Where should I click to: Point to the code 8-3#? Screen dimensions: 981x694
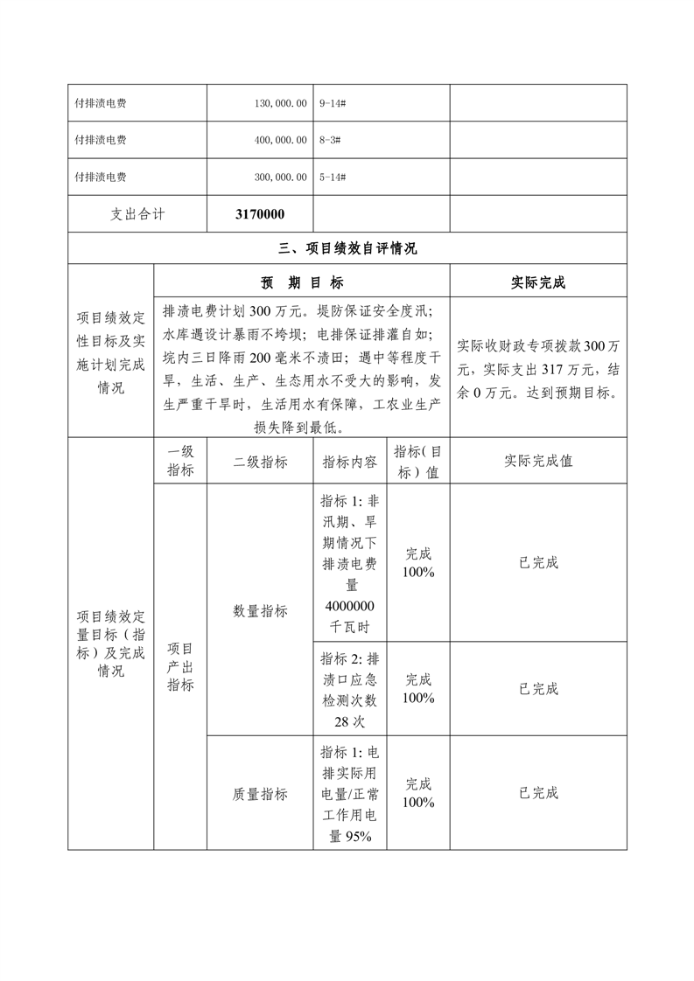331,140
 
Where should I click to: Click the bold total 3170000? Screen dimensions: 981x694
260,214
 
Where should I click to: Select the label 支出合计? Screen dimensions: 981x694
137,214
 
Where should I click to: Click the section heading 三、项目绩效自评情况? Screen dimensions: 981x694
347,248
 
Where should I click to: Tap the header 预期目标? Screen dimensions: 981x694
302,282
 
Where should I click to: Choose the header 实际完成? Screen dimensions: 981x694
538,282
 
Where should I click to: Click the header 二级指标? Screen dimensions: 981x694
260,461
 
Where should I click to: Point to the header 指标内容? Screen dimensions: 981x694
350,461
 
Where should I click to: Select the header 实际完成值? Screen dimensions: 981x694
538,461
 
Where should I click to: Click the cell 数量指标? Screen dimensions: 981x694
260,611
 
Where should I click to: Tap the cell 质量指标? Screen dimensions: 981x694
260,793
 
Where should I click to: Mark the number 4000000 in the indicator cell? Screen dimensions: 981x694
350,607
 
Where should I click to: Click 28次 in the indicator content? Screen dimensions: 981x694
350,721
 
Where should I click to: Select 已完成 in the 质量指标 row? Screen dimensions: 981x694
538,793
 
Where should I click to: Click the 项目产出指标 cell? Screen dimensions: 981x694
180,666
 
